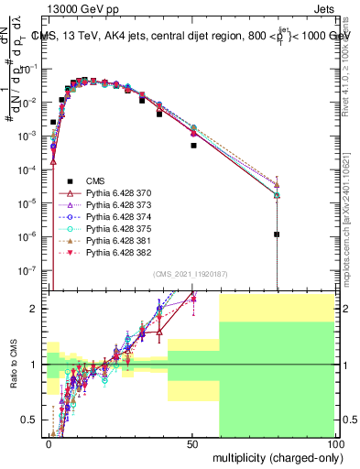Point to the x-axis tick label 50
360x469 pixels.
192,443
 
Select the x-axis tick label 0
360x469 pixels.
49,443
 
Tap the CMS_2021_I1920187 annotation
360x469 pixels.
191,274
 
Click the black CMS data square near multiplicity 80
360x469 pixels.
277,234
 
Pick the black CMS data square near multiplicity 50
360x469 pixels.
193,145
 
